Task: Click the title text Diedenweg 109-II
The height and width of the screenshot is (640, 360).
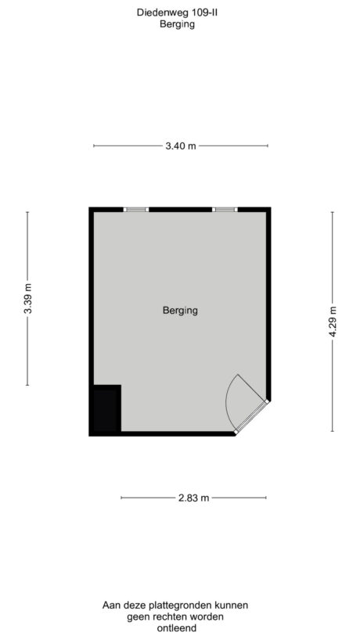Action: (x=176, y=13)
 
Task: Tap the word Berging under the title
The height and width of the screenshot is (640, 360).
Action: (x=176, y=24)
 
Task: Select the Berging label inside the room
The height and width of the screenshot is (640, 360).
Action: (x=180, y=311)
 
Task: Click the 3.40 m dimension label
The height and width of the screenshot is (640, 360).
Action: (x=181, y=146)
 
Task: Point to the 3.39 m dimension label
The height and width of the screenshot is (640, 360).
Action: (x=28, y=298)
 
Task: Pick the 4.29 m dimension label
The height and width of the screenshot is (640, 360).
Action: (x=333, y=321)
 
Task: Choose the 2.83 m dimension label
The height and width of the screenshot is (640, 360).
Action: (x=193, y=498)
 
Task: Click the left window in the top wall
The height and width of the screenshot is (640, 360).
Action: (x=136, y=210)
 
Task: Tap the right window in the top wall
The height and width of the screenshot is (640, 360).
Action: (x=225, y=210)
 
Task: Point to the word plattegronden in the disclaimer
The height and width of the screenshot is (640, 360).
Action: (x=179, y=606)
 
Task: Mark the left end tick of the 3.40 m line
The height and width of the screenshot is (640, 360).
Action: (x=94, y=146)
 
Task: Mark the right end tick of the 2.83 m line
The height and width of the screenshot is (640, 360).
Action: (x=266, y=498)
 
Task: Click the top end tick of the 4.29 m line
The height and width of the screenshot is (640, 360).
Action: (x=333, y=212)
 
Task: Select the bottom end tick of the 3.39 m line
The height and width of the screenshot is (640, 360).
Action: (x=28, y=385)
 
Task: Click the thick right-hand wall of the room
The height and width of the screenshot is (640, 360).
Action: (x=268, y=305)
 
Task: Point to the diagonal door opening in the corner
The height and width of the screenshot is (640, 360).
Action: (x=252, y=417)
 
